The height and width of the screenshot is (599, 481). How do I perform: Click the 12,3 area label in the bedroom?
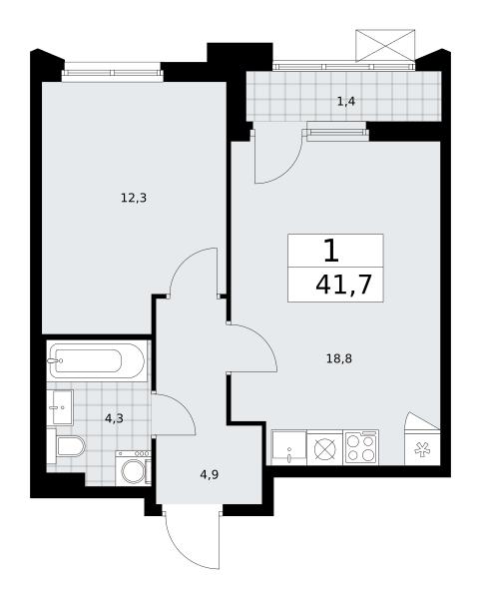click(134, 198)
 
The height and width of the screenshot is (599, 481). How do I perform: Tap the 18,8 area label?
click(339, 358)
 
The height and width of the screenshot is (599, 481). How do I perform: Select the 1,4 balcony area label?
click(346, 101)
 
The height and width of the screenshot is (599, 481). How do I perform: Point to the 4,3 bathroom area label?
click(114, 418)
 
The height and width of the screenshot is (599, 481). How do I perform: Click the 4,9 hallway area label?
click(209, 475)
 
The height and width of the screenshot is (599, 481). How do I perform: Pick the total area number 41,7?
click(343, 285)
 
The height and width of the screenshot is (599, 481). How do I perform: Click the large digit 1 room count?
click(331, 251)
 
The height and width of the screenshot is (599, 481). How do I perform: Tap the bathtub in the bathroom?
click(98, 360)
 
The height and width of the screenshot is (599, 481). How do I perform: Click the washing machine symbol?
click(134, 468)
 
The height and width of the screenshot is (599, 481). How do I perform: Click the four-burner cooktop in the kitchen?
click(361, 447)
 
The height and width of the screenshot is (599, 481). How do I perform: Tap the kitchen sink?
click(289, 447)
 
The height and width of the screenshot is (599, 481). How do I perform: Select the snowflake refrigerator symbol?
click(422, 449)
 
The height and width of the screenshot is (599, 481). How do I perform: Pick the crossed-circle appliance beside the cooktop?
click(325, 448)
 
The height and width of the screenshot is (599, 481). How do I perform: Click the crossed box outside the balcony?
click(385, 46)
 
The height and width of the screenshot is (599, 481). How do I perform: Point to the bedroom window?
click(112, 72)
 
